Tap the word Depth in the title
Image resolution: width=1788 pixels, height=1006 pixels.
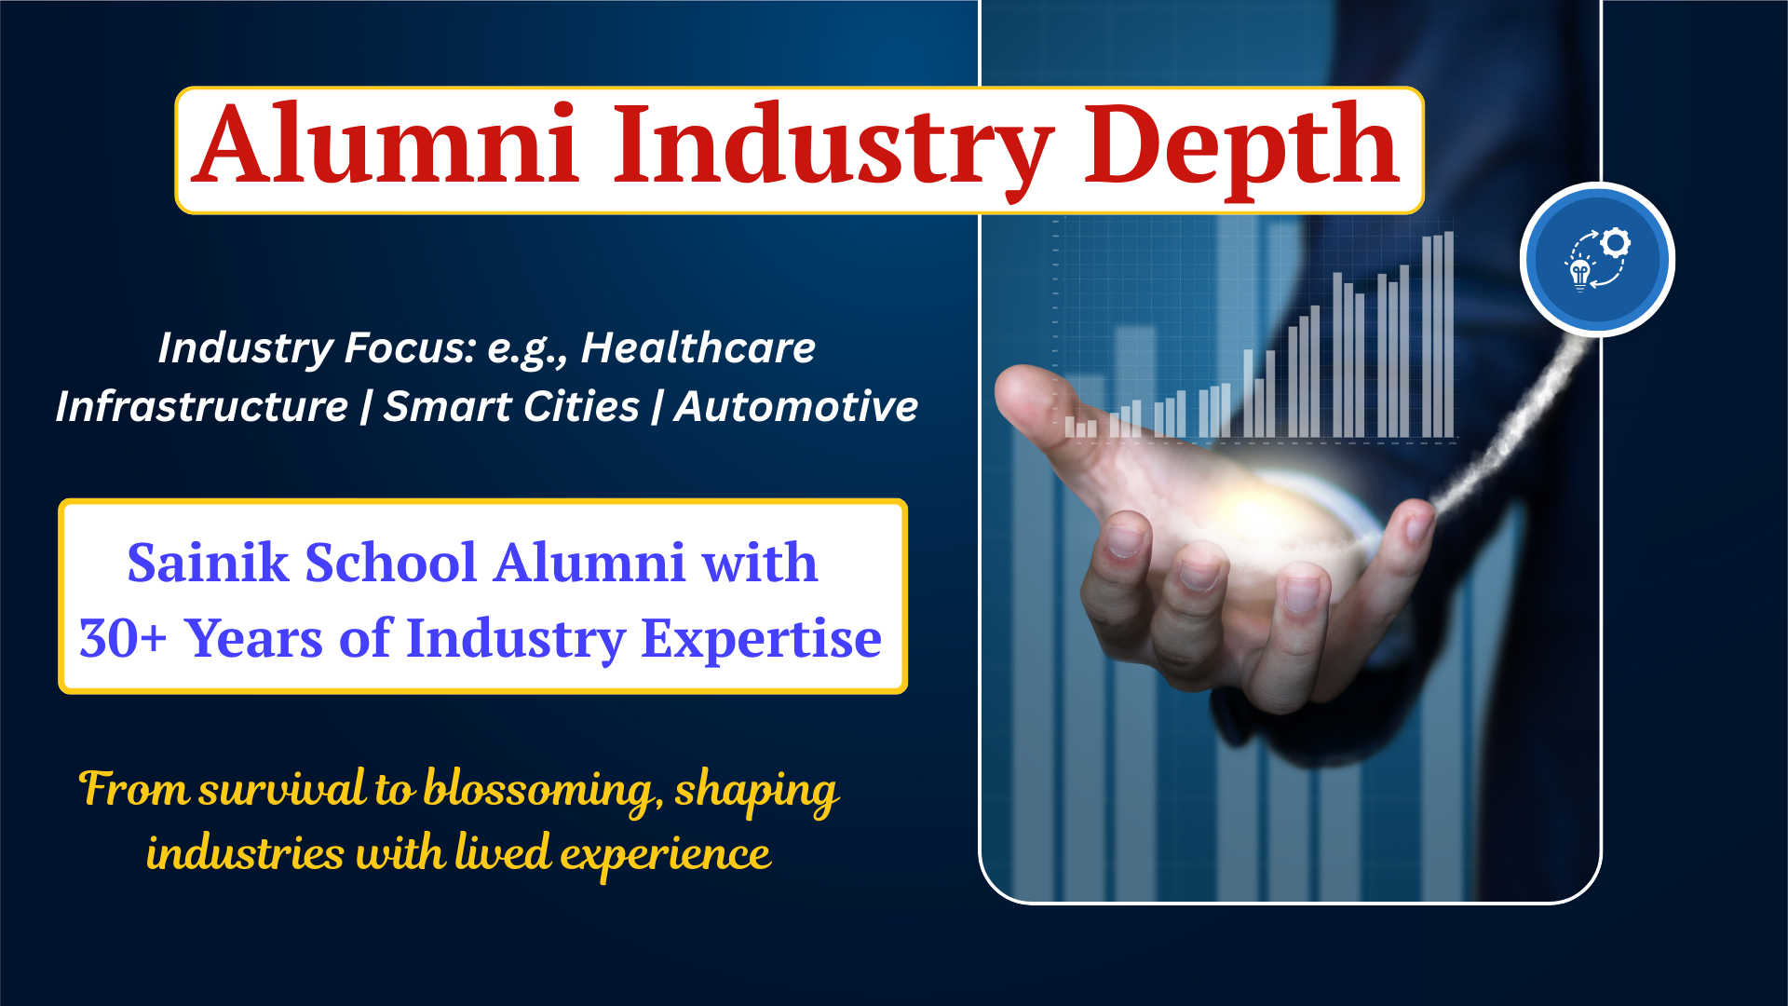click(1241, 149)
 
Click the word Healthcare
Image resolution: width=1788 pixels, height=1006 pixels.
click(698, 347)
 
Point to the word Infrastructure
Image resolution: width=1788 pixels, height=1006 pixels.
click(202, 406)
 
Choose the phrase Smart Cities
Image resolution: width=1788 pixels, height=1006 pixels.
click(512, 406)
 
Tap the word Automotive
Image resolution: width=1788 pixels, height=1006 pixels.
click(796, 406)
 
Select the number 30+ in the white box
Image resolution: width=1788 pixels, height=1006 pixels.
click(123, 639)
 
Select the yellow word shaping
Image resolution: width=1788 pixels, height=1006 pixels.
click(756, 792)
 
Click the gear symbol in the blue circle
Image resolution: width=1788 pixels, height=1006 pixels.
click(1616, 243)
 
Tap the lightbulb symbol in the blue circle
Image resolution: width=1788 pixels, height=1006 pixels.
click(1580, 275)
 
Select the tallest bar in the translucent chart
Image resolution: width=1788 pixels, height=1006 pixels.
click(1449, 334)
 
